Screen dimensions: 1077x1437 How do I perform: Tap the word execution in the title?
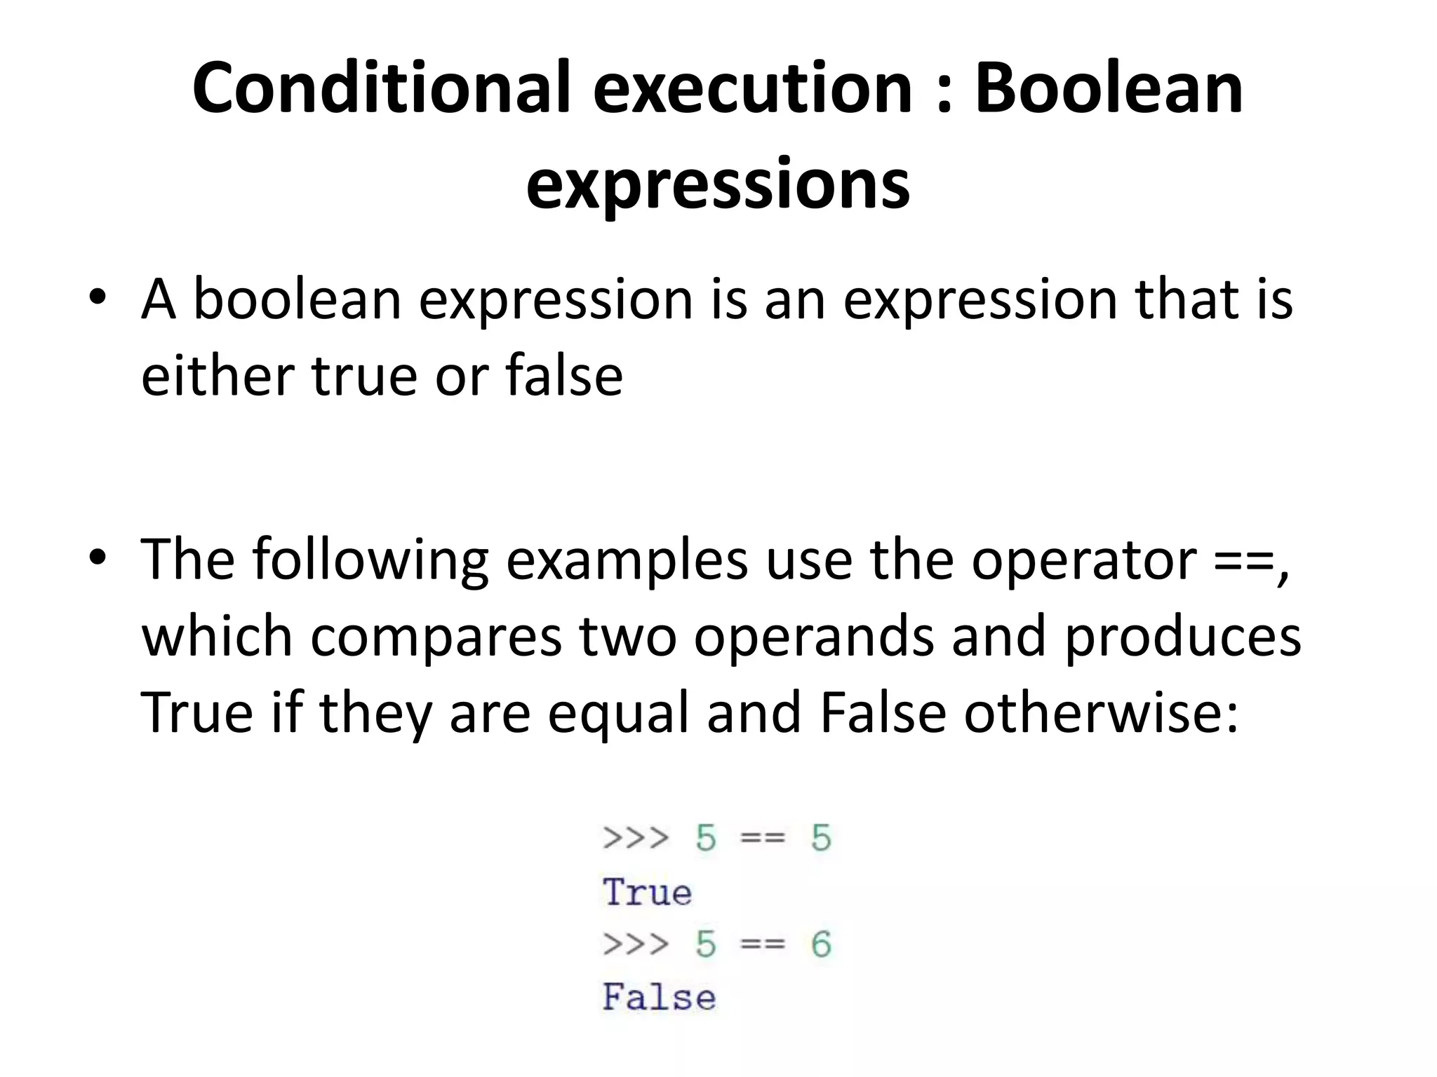point(751,88)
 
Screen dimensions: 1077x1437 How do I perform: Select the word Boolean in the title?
point(1109,88)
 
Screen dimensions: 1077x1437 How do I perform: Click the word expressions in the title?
point(718,184)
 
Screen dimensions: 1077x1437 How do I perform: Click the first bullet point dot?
point(98,297)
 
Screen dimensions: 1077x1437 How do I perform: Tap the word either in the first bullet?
point(217,375)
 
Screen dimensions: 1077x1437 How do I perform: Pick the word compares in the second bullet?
point(436,637)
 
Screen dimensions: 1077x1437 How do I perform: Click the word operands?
point(813,637)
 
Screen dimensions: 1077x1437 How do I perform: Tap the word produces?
point(1182,637)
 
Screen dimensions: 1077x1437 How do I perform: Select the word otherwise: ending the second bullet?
point(1101,712)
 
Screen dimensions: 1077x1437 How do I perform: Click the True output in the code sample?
point(647,892)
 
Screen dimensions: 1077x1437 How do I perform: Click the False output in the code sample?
point(659,997)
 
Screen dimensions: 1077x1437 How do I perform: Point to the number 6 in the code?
point(821,944)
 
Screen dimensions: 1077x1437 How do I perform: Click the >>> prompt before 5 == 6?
point(636,944)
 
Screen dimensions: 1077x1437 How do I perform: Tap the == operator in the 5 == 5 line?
point(763,838)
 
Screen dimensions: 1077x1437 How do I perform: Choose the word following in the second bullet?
point(370,560)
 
